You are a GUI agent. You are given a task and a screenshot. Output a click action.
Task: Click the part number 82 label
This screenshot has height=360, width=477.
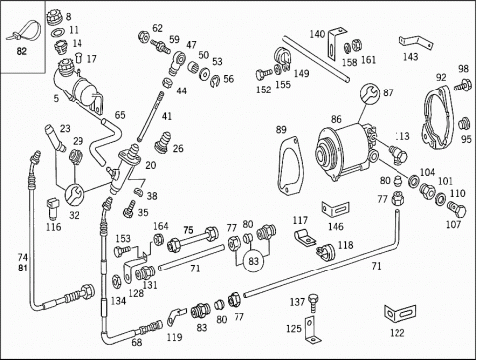click(x=21, y=51)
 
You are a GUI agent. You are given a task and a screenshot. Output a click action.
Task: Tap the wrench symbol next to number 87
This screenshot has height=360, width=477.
click(x=370, y=92)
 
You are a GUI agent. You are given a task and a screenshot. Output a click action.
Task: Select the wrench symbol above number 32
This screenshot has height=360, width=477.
click(x=74, y=195)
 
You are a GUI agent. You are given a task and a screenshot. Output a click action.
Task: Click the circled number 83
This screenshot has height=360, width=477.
click(x=253, y=261)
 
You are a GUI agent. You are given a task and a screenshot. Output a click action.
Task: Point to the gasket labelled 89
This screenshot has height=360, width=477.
click(x=290, y=166)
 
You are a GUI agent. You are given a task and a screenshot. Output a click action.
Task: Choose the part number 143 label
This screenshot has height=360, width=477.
click(x=410, y=57)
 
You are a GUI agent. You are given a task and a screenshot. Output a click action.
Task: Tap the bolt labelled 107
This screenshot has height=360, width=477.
click(x=457, y=208)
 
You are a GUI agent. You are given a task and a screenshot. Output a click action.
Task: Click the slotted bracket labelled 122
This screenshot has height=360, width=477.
click(x=399, y=313)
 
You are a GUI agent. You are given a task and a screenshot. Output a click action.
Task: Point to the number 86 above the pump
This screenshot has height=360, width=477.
click(x=336, y=119)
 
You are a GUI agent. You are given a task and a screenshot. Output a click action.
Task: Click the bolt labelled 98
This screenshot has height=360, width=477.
click(x=463, y=85)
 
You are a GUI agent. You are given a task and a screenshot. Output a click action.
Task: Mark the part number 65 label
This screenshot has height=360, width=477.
click(x=120, y=115)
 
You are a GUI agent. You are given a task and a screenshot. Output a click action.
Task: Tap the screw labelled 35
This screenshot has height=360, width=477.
click(x=129, y=208)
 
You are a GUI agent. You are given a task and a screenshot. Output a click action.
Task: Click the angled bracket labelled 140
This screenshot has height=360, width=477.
click(x=336, y=43)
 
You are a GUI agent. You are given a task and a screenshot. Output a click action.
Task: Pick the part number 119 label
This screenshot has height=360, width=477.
click(x=174, y=337)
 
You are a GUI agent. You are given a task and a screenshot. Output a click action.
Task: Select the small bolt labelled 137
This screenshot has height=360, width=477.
click(x=313, y=303)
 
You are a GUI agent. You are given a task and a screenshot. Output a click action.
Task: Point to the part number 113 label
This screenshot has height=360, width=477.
click(x=402, y=136)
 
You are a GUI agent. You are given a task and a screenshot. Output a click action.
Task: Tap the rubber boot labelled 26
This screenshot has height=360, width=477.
click(x=163, y=142)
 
